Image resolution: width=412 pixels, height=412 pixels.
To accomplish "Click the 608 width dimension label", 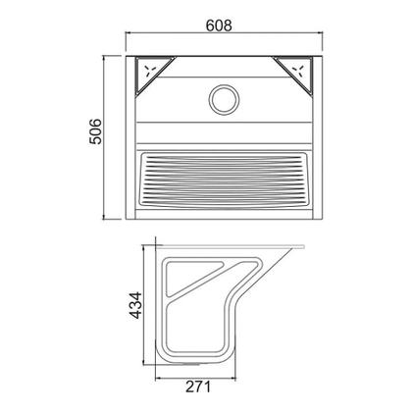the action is point(219,26).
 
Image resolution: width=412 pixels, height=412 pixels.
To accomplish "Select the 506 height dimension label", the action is point(96,131).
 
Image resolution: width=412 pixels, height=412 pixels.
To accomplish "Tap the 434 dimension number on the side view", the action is point(135,305).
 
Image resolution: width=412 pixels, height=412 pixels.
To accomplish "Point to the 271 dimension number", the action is point(198,387).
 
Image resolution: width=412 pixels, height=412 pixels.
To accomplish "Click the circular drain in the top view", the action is point(224,100).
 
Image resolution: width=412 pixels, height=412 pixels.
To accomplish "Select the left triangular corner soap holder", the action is point(153,75).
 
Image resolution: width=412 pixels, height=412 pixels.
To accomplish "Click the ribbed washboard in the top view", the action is point(224,180).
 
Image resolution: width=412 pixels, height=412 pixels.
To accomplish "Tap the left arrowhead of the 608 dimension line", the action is point(129,32).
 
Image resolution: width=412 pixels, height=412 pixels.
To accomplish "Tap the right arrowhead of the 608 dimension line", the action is point(321,32).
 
